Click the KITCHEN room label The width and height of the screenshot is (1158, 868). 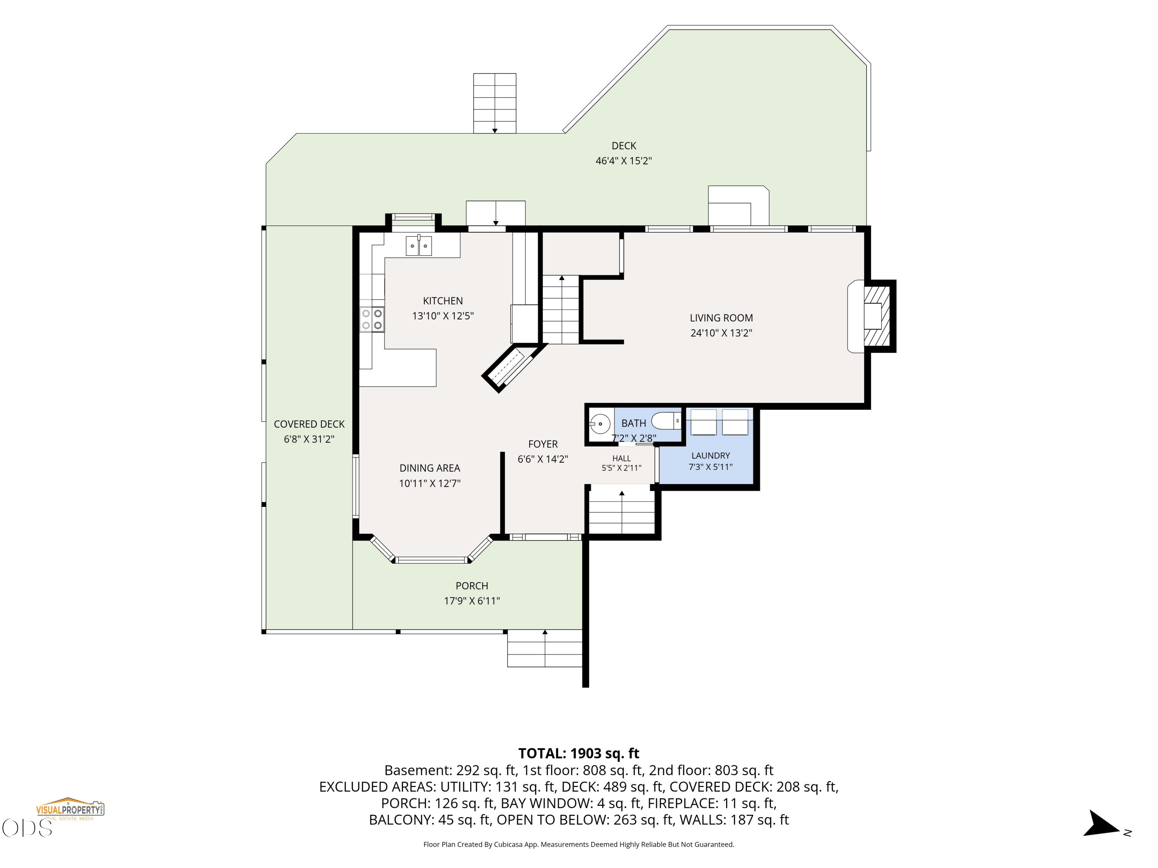[443, 301]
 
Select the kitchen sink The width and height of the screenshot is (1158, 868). [419, 245]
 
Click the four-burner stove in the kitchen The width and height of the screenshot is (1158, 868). [372, 319]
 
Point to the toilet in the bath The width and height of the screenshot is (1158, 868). [666, 420]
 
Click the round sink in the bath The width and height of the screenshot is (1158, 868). [600, 423]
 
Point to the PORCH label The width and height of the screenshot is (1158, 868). [472, 586]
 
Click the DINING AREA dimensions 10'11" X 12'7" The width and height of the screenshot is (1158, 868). [430, 483]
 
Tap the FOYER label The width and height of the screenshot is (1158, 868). [543, 444]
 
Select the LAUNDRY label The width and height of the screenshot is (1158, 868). [710, 455]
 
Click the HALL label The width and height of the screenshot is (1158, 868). [621, 458]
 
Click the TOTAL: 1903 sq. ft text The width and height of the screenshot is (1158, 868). [579, 753]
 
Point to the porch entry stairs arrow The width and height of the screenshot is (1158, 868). [545, 648]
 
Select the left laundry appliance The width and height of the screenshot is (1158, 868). [704, 422]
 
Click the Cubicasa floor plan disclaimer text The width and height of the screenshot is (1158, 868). [579, 844]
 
